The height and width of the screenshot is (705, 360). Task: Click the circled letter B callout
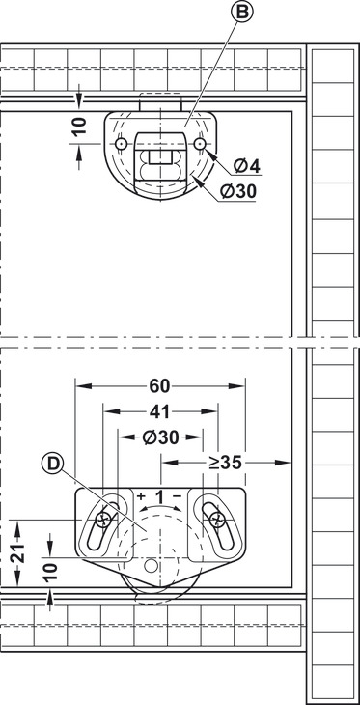pos(242,12)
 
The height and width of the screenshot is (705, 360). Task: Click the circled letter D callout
pos(52,465)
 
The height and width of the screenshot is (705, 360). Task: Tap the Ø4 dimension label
pos(247,167)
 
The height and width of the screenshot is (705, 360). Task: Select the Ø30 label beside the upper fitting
pos(238,192)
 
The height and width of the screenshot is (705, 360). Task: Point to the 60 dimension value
pos(159,385)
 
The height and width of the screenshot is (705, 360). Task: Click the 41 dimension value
pos(160,411)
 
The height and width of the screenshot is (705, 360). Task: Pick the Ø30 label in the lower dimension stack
pos(160,437)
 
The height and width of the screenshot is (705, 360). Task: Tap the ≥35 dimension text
pos(226,463)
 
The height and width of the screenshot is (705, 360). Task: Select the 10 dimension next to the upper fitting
pos(79,127)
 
